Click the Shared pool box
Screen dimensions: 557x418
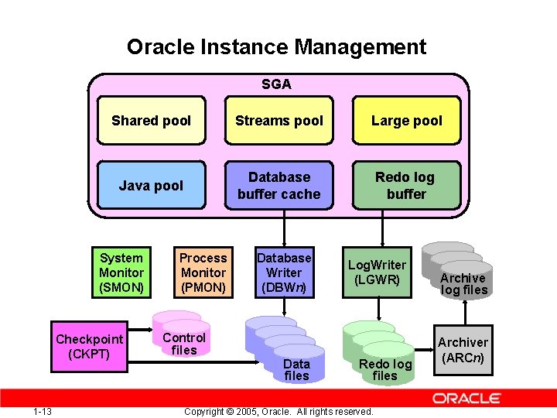click(x=151, y=120)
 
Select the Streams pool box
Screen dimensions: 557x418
click(x=279, y=120)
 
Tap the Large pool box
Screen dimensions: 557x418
click(x=406, y=120)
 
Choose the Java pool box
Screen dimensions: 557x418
click(x=151, y=186)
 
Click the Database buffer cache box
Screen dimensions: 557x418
click(x=279, y=186)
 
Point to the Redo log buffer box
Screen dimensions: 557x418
click(x=406, y=186)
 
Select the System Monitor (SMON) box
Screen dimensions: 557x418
click(x=121, y=272)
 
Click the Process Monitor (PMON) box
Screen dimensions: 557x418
click(x=203, y=272)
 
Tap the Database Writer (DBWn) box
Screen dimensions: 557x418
click(x=284, y=272)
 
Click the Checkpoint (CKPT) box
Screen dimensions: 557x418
click(x=89, y=346)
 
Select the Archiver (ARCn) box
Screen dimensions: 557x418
click(x=463, y=350)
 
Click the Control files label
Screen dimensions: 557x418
click(x=184, y=344)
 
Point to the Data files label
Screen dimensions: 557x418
click(x=296, y=370)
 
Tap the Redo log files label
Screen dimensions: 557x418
click(x=385, y=370)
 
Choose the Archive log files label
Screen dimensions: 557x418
click(x=463, y=284)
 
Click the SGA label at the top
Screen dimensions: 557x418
click(x=276, y=84)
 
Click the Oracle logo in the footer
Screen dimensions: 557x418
click(x=466, y=399)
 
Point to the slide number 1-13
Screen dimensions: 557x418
click(x=43, y=411)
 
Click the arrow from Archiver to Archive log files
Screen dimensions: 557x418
click(x=463, y=312)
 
